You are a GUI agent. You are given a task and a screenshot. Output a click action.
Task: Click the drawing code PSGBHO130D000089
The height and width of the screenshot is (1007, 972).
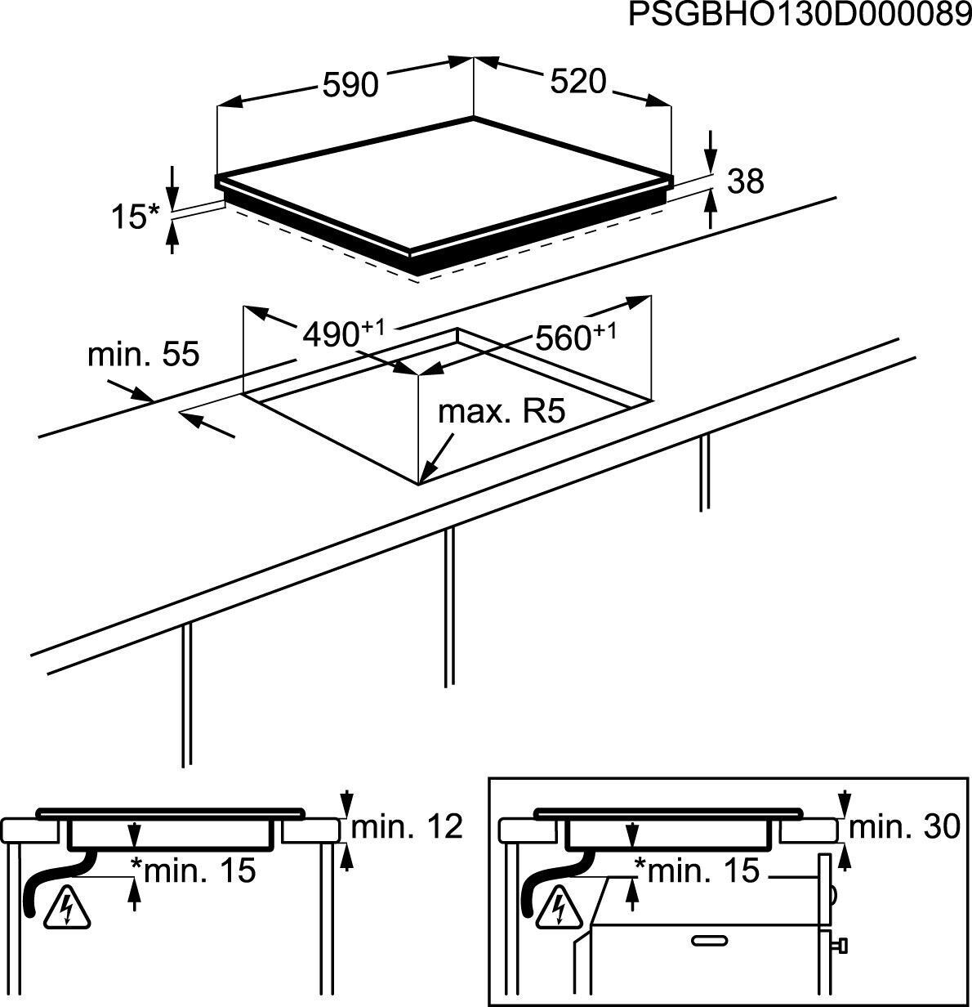tap(799, 16)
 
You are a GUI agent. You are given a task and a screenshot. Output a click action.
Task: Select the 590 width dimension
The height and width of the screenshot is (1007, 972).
tap(350, 84)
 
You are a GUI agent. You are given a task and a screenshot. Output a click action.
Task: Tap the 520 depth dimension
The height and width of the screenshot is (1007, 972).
tap(578, 81)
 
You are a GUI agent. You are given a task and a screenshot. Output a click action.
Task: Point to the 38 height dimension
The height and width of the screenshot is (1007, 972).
tap(745, 181)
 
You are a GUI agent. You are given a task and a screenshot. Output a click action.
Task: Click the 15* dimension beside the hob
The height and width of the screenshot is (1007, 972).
tap(135, 217)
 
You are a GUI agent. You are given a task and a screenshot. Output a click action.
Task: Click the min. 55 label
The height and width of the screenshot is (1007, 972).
tap(143, 356)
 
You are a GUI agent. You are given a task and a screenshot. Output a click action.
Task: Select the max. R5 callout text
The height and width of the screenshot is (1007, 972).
tap(502, 411)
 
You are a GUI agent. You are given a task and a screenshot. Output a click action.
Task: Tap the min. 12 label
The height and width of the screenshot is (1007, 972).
tap(407, 827)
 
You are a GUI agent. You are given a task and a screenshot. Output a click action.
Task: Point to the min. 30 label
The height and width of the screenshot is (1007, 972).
tap(905, 827)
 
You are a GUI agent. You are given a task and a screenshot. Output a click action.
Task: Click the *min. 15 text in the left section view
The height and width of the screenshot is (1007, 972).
tap(193, 870)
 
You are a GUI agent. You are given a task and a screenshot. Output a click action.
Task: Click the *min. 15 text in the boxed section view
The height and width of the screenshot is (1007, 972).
tap(696, 870)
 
